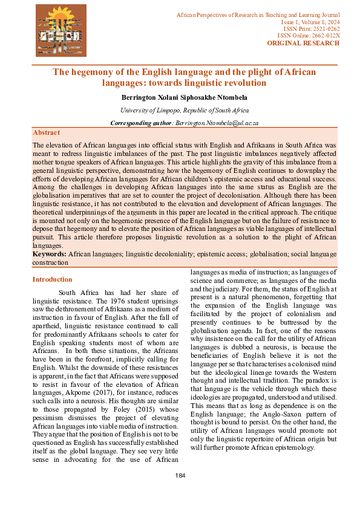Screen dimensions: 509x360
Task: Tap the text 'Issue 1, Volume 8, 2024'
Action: pos(311,21)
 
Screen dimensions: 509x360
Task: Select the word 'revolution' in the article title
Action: pos(245,82)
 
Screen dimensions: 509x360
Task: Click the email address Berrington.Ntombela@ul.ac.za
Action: pos(217,123)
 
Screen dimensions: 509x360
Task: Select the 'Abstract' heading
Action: pos(46,132)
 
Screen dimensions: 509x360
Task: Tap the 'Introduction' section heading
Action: pos(52,280)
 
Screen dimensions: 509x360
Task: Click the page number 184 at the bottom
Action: pos(180,476)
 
